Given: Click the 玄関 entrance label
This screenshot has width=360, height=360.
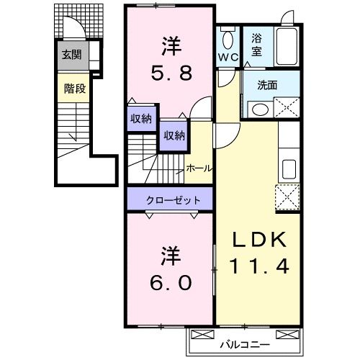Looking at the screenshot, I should click(x=71, y=55).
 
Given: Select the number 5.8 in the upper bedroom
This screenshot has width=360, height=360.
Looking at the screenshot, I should click(x=170, y=73).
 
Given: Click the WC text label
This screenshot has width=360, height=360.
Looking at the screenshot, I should click(x=228, y=57).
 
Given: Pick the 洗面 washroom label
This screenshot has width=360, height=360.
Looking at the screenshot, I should click(x=268, y=85).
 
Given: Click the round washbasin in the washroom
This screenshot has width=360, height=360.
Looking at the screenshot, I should click(x=260, y=109).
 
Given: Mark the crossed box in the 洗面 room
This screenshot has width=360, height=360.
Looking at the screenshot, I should click(x=287, y=109).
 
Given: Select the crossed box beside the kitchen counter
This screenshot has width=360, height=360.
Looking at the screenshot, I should click(x=287, y=196).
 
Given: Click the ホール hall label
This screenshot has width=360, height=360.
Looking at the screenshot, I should click(x=199, y=168).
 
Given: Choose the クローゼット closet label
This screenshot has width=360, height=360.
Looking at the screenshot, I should click(x=170, y=199).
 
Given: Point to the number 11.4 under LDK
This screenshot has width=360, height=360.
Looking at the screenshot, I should click(x=259, y=267).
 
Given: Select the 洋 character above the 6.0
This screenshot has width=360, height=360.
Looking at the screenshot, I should click(x=170, y=255).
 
